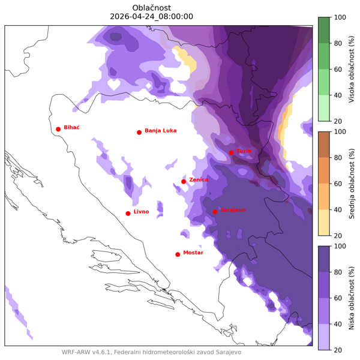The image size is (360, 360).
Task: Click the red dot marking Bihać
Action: click(x=58, y=129)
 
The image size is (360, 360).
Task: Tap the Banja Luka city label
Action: click(x=160, y=131)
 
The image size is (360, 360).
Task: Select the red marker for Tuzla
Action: click(x=231, y=152)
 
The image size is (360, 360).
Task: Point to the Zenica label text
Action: click(x=199, y=179)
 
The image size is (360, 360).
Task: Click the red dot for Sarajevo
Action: click(x=215, y=211)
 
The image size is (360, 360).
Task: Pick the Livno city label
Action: click(x=141, y=212)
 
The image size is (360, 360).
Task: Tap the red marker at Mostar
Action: click(x=178, y=254)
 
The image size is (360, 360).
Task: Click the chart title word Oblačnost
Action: click(x=152, y=7)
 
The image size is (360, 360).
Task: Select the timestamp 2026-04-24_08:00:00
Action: click(x=152, y=16)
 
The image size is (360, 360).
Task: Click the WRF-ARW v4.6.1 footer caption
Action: click(x=151, y=352)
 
